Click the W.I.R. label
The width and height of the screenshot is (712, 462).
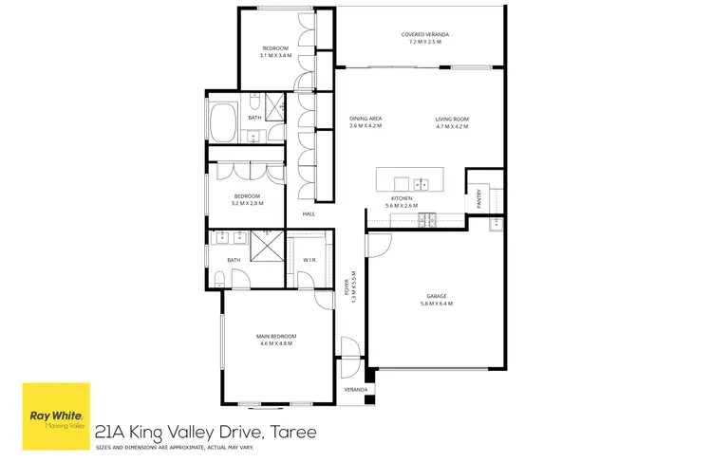pyautogui.click(x=309, y=259)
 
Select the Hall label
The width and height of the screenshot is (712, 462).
pyautogui.click(x=309, y=214)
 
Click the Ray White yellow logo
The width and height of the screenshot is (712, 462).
pyautogui.click(x=56, y=411)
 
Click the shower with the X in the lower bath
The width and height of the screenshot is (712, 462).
pyautogui.click(x=270, y=247)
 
